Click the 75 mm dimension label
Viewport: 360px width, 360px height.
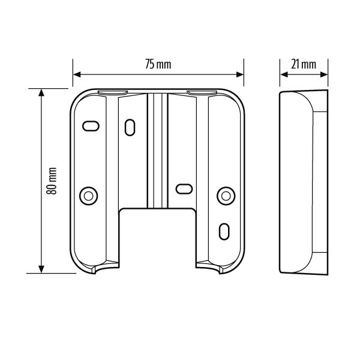point(158,65)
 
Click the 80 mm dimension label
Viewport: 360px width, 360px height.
point(52,181)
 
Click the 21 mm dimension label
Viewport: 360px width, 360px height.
point(304,65)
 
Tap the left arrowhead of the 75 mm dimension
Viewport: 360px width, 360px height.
point(77,74)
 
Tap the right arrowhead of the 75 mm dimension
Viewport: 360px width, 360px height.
point(240,74)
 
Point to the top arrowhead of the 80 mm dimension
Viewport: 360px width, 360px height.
point(41,93)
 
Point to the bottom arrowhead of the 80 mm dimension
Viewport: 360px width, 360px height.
point(41,269)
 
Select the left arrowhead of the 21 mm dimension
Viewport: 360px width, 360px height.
point(284,74)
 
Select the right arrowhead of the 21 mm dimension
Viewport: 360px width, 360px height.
point(324,74)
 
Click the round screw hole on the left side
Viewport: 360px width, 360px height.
point(89,196)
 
